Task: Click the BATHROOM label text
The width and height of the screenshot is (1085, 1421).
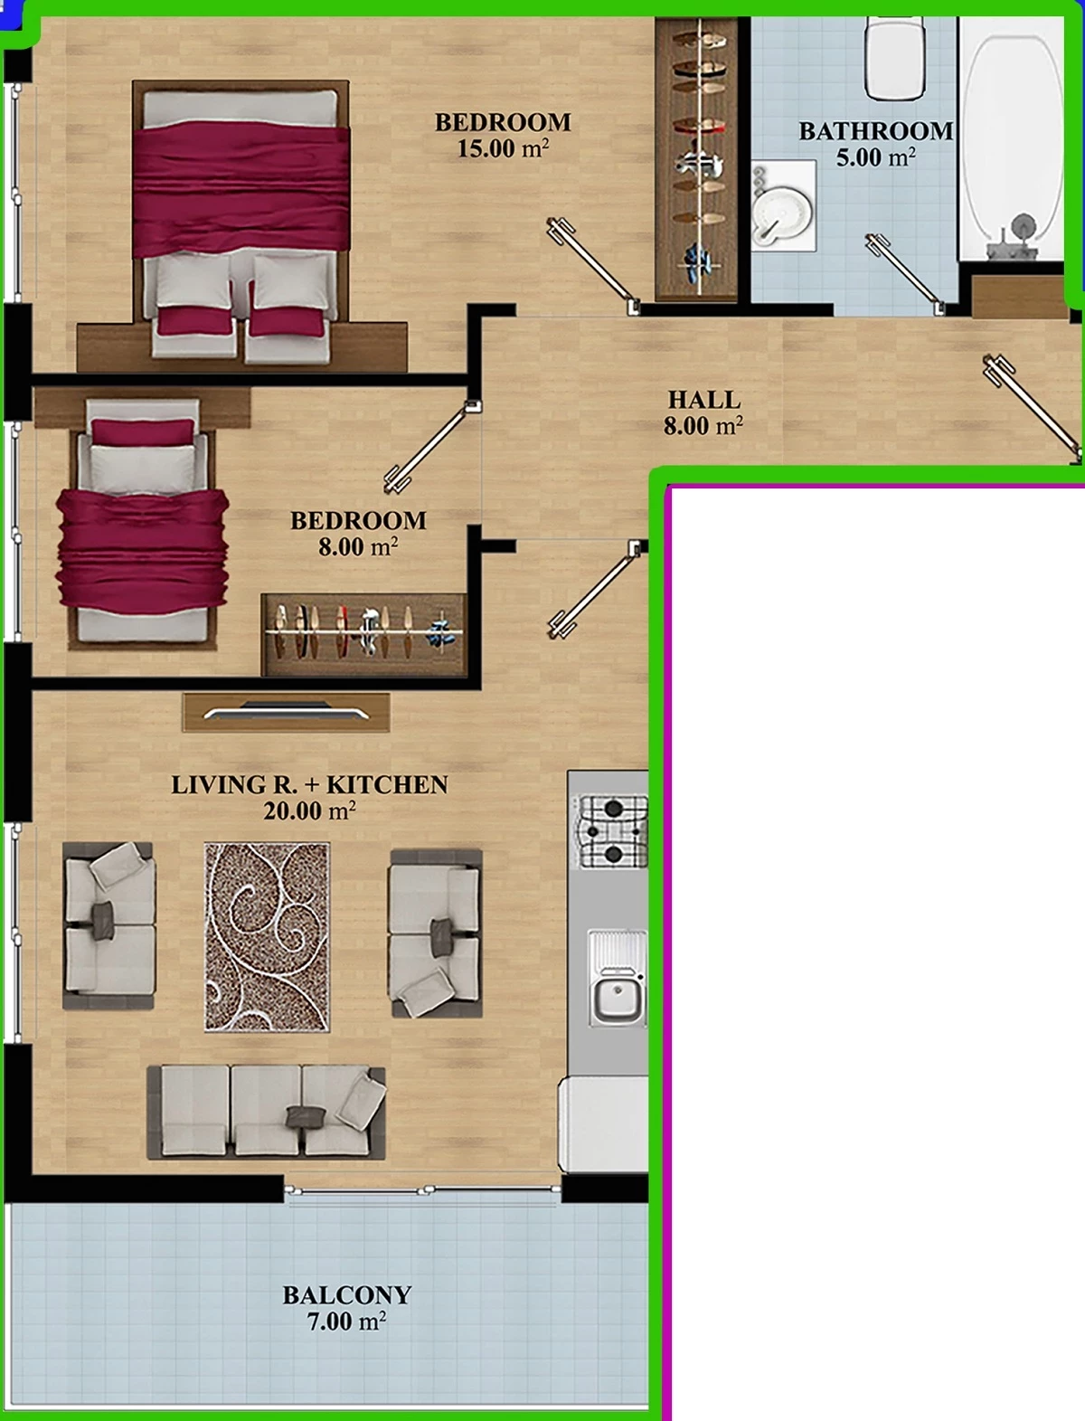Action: pos(875,131)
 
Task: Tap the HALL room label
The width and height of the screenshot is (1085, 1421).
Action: pos(704,400)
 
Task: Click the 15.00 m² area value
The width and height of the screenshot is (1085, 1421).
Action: pos(503,149)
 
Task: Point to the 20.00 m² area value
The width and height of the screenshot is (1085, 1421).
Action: pos(309,810)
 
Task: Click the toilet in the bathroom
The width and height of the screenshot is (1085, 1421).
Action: pos(895,57)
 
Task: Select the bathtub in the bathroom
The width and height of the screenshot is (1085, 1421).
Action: pos(1011,139)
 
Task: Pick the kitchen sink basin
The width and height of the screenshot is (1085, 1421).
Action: pos(618,999)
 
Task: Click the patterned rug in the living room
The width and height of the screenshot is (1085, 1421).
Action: pos(268,937)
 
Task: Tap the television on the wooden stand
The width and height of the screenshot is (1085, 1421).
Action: pos(286,711)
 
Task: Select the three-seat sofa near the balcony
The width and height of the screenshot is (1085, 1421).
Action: pos(267,1113)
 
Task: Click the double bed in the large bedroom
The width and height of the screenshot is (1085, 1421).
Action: pos(241,220)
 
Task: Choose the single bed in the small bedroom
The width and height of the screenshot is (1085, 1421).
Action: pos(142,523)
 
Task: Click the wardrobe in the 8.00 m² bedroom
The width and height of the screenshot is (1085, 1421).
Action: pos(364,634)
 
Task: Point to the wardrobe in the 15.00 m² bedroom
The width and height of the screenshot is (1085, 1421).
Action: pos(697,159)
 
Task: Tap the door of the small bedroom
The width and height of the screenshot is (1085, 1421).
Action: pos(432,447)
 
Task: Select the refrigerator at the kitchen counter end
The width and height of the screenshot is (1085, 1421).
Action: pos(604,1124)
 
